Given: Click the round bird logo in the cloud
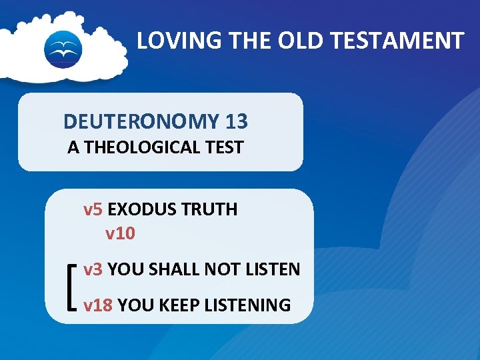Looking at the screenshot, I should pos(63,49).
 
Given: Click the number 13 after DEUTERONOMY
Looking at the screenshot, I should pos(237,121).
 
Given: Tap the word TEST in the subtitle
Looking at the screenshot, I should pos(223,148).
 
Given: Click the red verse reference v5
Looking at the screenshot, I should pos(93,209).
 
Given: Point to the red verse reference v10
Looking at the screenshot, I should pos(120,234).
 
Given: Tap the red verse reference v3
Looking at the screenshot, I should pos(93,269).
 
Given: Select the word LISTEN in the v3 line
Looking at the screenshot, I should pos(272,269).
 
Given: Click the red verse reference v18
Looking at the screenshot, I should pos(98,305).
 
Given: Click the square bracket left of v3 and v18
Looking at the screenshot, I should pos(71,287).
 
